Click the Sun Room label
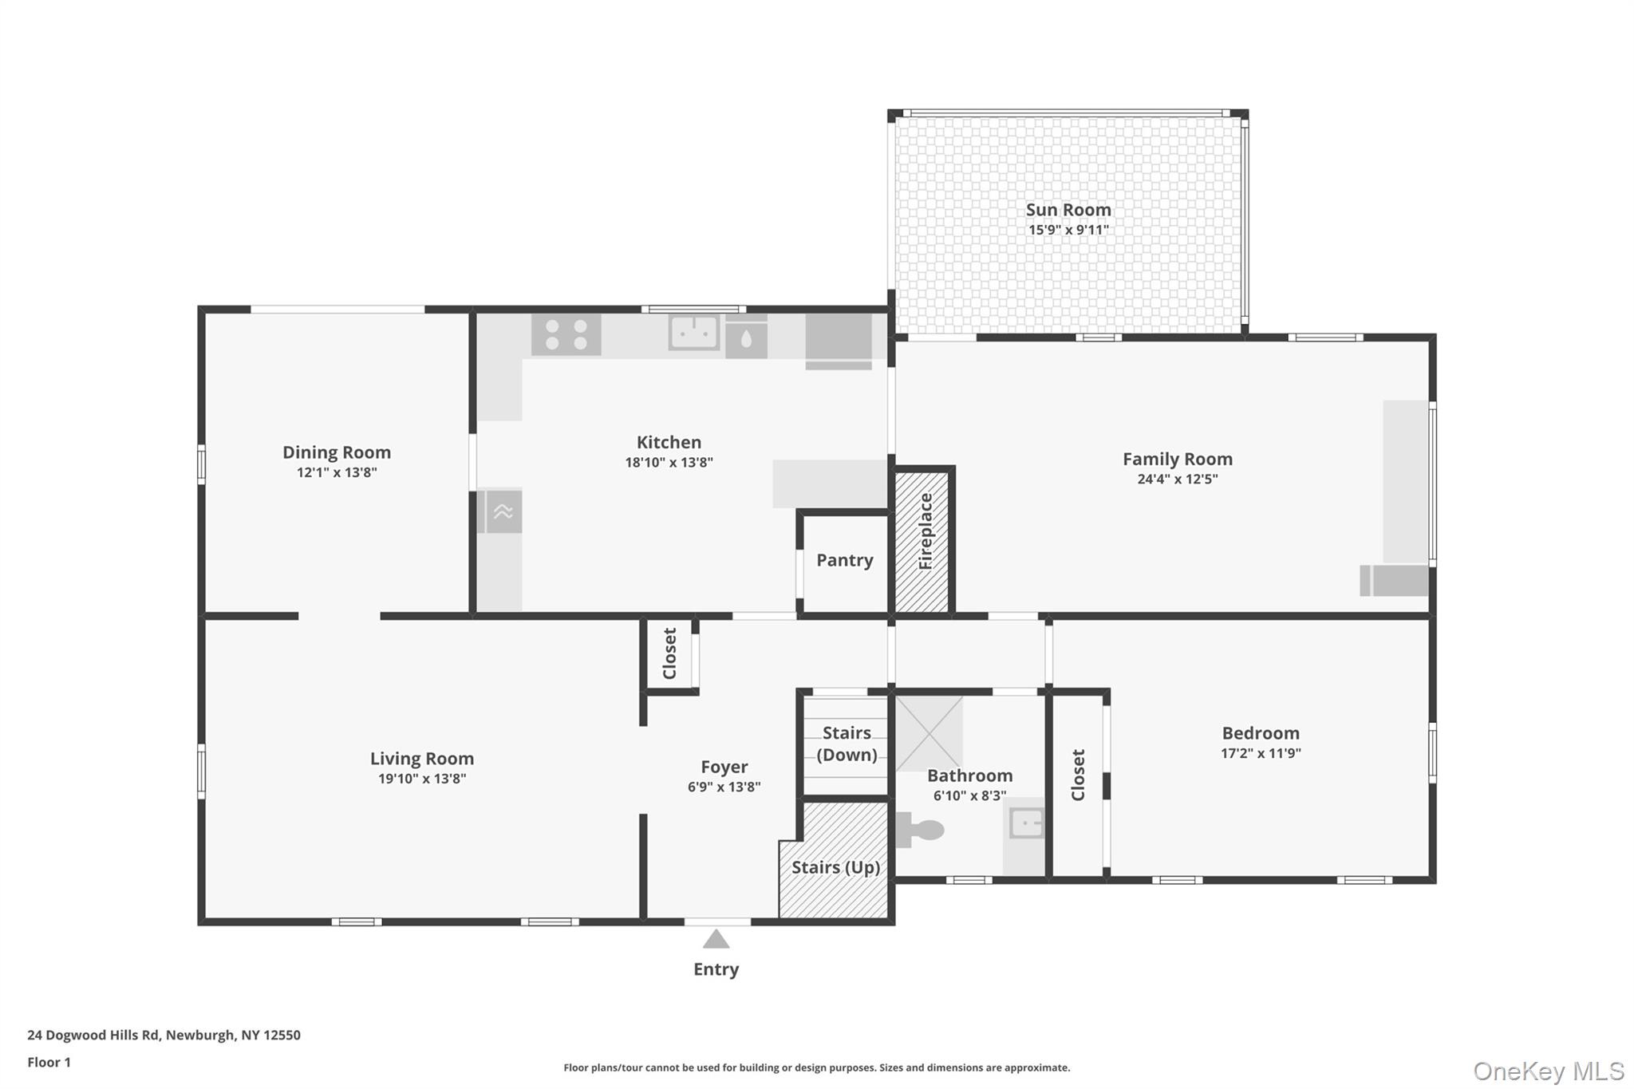(x=1068, y=210)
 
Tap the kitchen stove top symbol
(x=566, y=335)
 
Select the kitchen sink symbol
(x=694, y=333)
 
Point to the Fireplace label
(x=926, y=531)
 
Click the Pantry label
(x=845, y=560)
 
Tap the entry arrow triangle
(x=716, y=939)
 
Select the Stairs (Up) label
(x=836, y=867)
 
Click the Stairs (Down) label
(x=847, y=744)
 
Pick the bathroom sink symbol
(x=1027, y=823)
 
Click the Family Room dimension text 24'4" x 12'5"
(x=1178, y=479)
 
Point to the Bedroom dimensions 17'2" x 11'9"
(x=1261, y=753)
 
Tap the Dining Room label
(x=337, y=452)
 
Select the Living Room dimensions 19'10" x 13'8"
(x=422, y=779)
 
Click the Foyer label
(x=724, y=767)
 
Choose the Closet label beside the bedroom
(x=1078, y=775)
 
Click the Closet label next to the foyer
(x=669, y=653)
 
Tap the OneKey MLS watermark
(x=1549, y=1071)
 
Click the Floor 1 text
(x=49, y=1062)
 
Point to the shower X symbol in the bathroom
(x=929, y=733)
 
